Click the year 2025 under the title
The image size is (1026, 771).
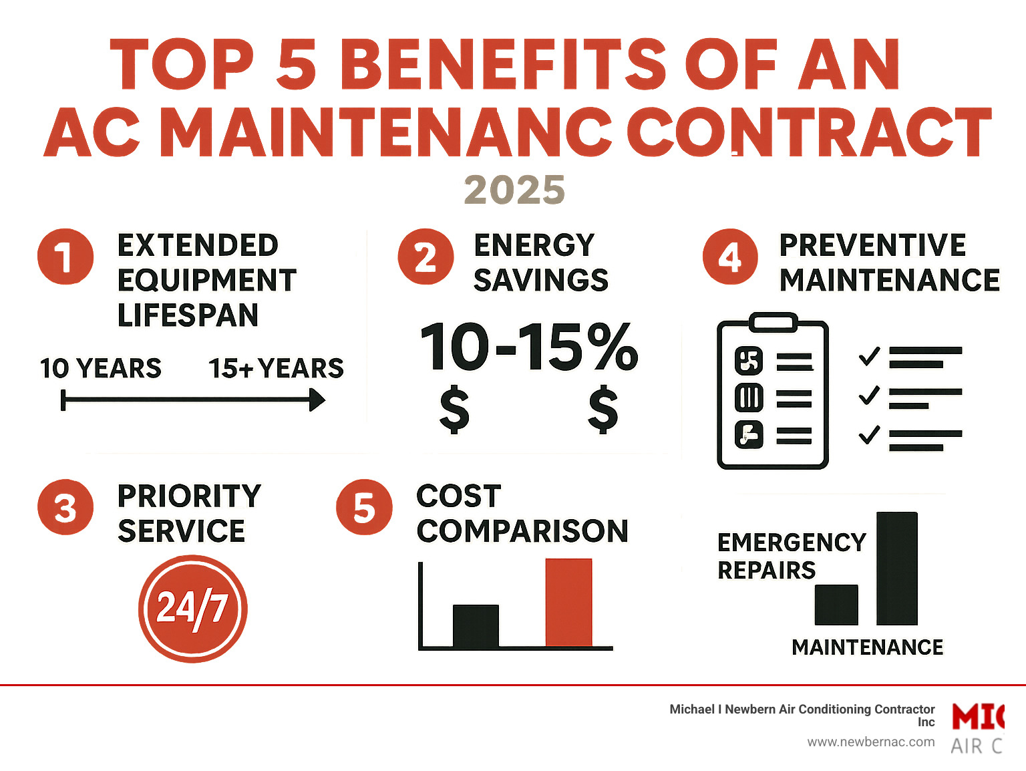[x=514, y=190]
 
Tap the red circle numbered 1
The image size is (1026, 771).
[x=65, y=257]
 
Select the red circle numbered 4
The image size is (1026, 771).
[x=730, y=257]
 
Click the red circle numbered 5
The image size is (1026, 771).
[x=364, y=508]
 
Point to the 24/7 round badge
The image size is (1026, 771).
[x=192, y=608]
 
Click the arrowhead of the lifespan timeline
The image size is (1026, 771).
[x=317, y=401]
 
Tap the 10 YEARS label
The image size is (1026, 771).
[x=100, y=368]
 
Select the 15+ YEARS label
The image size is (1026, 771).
[x=276, y=368]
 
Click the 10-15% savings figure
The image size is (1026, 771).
[x=528, y=347]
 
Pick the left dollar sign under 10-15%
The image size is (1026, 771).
[x=454, y=410]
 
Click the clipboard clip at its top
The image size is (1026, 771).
[x=773, y=323]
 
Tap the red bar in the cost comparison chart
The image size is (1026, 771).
[x=568, y=603]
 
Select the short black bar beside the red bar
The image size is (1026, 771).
[x=476, y=626]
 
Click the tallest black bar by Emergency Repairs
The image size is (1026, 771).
[x=896, y=568]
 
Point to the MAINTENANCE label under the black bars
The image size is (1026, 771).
[x=867, y=647]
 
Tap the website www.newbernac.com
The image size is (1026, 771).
[x=870, y=742]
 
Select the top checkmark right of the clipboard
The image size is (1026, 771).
[x=869, y=356]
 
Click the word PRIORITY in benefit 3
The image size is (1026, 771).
[x=189, y=496]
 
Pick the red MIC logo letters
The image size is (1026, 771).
[x=978, y=718]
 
